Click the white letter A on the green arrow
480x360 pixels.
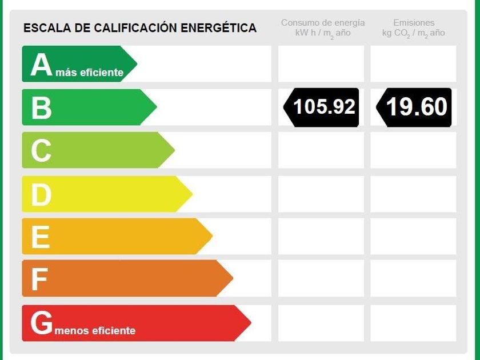pos(41,65)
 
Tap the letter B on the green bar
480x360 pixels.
pos(41,108)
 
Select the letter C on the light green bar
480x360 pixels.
pos(41,151)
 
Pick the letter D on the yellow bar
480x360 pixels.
pos(41,195)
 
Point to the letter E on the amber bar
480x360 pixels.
pos(40,237)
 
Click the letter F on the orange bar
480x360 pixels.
pos(39,279)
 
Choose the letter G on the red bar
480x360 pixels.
pos(42,323)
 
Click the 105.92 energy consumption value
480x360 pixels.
pos(324,107)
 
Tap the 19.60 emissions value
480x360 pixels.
pos(416,107)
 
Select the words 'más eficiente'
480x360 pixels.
pos(90,73)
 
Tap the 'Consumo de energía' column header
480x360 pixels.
pos(323,23)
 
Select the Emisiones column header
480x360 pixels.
pos(414,23)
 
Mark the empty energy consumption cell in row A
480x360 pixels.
pos(321,64)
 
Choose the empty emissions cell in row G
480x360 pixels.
pos(413,323)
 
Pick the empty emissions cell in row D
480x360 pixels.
pos(413,194)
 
